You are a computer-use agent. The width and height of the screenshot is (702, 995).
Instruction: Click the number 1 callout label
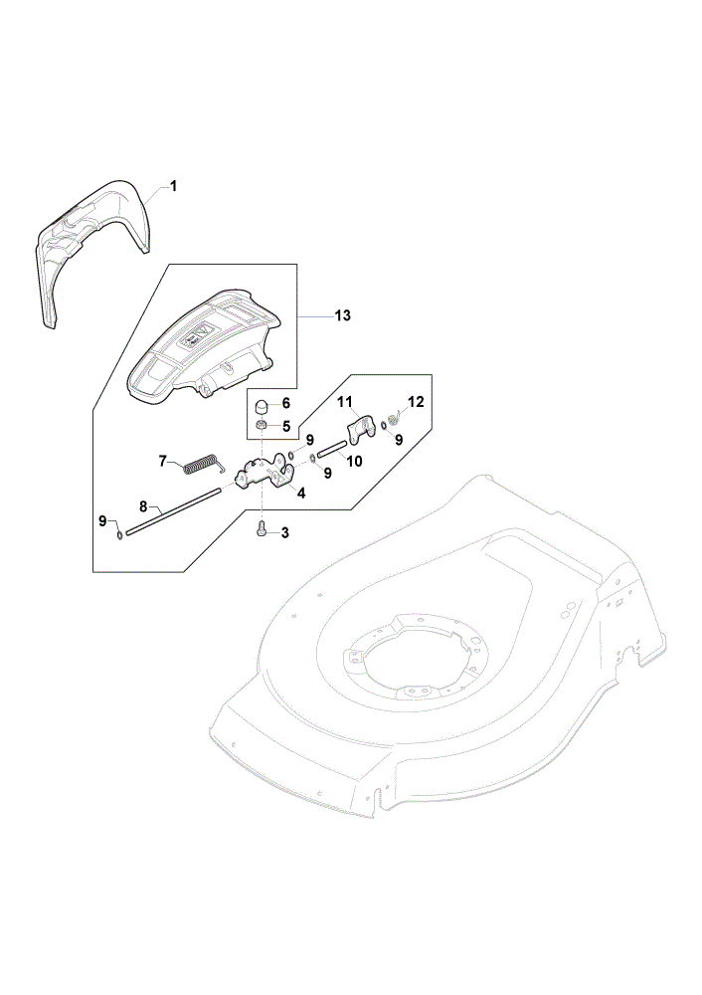(x=173, y=186)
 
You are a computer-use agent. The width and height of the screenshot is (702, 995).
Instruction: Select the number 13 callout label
(x=342, y=315)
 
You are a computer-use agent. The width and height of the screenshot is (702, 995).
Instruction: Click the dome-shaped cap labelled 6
(x=263, y=407)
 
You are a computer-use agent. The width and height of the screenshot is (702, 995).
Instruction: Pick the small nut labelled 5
(x=262, y=425)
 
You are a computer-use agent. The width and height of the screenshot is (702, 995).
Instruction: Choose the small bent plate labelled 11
(x=362, y=428)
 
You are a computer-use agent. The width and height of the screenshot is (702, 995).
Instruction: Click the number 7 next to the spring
(x=163, y=461)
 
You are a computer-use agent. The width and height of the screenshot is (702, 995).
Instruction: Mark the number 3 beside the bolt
(x=284, y=533)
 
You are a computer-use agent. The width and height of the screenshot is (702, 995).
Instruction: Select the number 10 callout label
(x=355, y=462)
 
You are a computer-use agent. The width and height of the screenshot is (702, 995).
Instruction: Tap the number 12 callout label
(x=416, y=402)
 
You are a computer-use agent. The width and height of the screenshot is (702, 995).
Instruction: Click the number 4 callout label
(x=301, y=494)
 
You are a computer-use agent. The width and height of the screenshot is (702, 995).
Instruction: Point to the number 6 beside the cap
(x=286, y=403)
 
